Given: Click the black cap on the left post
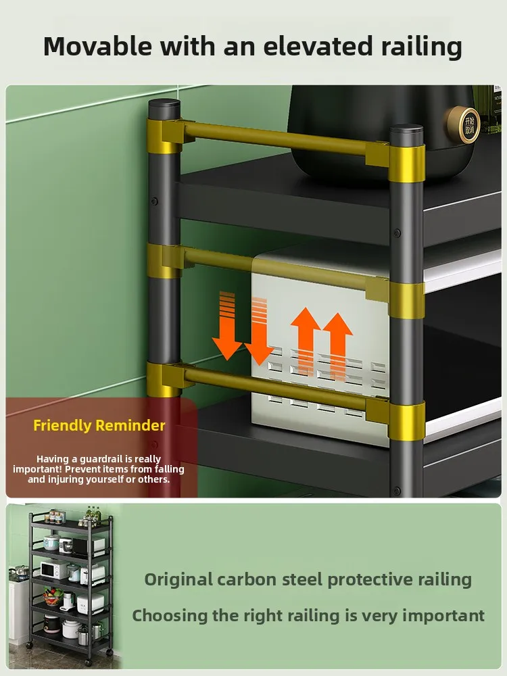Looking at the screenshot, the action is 165,108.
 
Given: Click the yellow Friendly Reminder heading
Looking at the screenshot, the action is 99,425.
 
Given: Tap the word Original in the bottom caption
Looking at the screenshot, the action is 177,579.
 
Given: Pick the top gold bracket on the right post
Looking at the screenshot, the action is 407,163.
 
